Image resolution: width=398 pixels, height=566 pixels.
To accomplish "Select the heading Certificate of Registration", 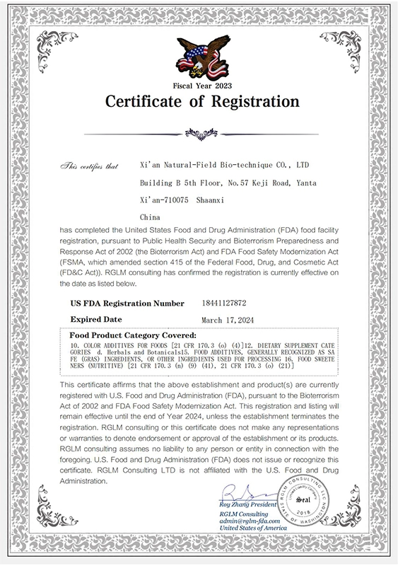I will tap(202, 102).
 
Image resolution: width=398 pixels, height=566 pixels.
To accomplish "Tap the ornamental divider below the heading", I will tap(201, 132).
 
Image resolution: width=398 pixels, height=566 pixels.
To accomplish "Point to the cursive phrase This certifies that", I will tap(89, 166).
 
